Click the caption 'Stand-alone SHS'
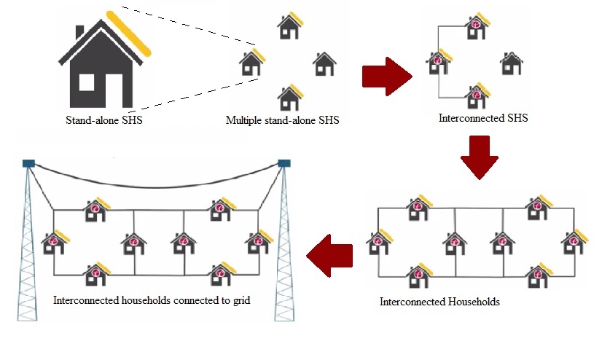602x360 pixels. coord(104,120)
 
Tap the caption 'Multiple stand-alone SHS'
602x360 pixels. coord(283,120)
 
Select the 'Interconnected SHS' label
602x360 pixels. coord(483,118)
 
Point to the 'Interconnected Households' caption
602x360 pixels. coord(439,302)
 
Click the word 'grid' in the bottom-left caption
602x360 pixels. coord(241,300)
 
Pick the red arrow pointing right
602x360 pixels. coord(387,77)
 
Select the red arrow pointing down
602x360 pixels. coord(480,157)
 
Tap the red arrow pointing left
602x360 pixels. coord(330,256)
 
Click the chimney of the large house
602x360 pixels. coord(80,32)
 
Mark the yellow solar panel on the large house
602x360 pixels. coord(128,34)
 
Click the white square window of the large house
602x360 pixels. coord(87,82)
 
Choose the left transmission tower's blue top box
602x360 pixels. coord(29,163)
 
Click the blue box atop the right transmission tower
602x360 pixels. coord(284,163)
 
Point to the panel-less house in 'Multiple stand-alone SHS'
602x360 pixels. coord(324,63)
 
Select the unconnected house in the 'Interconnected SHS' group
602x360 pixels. coord(512,63)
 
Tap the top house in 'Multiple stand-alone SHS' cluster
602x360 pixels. coord(290,26)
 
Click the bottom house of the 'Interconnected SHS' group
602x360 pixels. coord(477,95)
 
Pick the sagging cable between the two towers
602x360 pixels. coord(156,187)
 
